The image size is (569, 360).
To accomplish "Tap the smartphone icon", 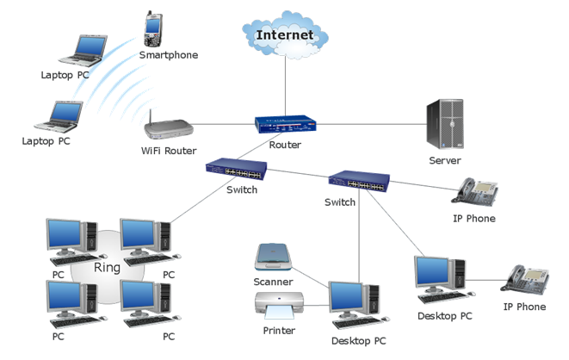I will point(154,29).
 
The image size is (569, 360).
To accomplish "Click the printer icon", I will point(278,307).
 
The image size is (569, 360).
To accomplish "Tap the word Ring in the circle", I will point(107,267).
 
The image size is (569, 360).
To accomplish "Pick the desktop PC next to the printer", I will point(353,301).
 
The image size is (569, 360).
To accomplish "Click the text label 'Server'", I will point(446,161).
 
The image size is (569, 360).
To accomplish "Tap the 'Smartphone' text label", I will point(169,55).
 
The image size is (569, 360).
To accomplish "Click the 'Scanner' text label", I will point(274,282).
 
